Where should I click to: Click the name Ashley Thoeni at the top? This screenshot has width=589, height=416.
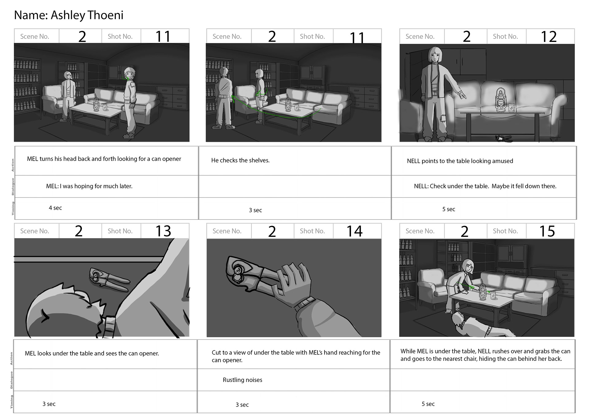(87, 15)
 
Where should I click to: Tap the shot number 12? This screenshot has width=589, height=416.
(549, 36)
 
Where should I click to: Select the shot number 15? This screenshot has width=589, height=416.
(547, 231)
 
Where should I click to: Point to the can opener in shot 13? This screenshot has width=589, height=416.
(109, 279)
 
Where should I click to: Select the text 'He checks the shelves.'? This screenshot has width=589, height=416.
(240, 160)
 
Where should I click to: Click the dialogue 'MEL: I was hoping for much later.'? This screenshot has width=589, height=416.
(89, 186)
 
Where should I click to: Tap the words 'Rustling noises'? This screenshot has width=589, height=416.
(242, 380)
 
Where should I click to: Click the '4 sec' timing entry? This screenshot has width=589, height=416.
(55, 208)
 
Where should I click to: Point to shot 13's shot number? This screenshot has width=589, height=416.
(163, 231)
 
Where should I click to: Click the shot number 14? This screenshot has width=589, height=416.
(355, 231)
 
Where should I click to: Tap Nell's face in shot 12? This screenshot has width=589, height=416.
(436, 57)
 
